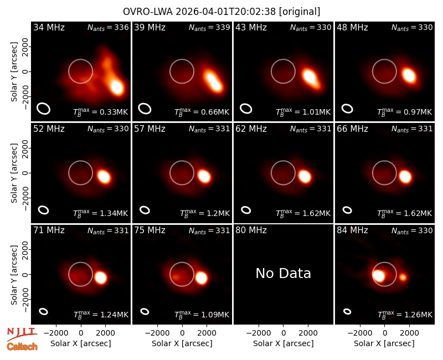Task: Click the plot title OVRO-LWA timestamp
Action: [221, 12]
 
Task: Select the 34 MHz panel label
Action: [49, 27]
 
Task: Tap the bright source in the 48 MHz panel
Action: [409, 75]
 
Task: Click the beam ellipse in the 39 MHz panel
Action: [145, 109]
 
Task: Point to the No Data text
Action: [283, 273]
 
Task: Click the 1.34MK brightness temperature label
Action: [101, 213]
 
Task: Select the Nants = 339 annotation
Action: [209, 27]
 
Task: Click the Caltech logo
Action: [22, 347]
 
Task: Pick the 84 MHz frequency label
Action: [352, 230]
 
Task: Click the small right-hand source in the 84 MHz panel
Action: [403, 277]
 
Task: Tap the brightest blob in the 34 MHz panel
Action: [117, 87]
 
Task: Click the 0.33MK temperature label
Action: [101, 111]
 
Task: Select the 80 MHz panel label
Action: [251, 230]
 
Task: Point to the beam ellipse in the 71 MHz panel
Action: [44, 311]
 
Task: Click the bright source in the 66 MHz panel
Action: [405, 177]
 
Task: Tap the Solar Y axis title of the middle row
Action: [14, 173]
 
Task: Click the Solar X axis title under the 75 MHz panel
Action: [182, 343]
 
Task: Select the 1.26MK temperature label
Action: [405, 314]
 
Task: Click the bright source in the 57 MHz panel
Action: [204, 176]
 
